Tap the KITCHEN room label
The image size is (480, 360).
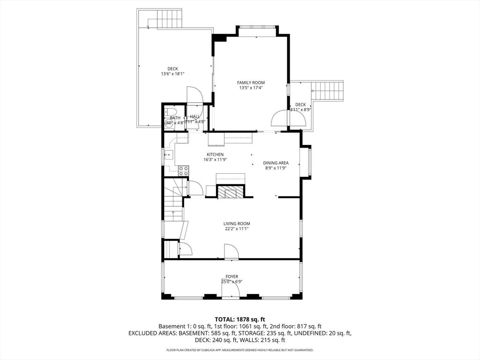click(215, 154)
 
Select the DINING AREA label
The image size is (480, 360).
click(275, 163)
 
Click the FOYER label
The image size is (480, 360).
click(232, 277)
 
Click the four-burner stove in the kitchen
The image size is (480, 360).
click(183, 171)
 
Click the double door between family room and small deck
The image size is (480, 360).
click(289, 118)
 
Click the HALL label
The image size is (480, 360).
click(195, 117)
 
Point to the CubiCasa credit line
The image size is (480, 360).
click(240, 350)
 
